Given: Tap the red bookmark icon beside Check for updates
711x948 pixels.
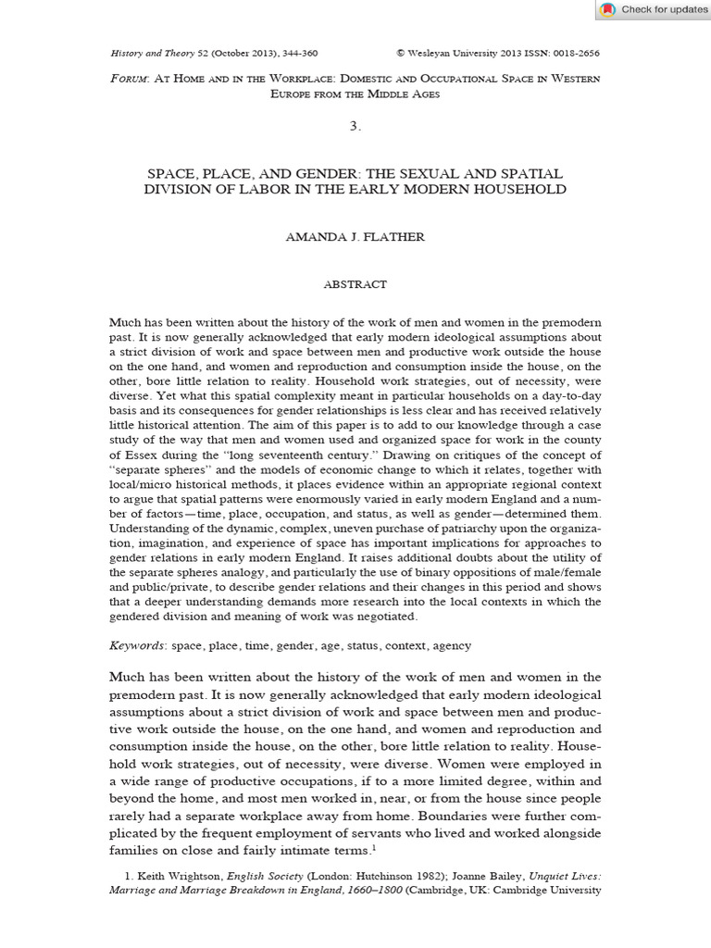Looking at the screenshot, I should [x=607, y=9].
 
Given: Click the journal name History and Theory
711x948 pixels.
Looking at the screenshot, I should [x=152, y=55].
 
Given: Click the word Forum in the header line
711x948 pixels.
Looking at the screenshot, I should [x=126, y=80].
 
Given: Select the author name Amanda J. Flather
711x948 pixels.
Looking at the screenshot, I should [x=355, y=236].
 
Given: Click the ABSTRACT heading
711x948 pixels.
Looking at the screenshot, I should [x=355, y=284].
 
